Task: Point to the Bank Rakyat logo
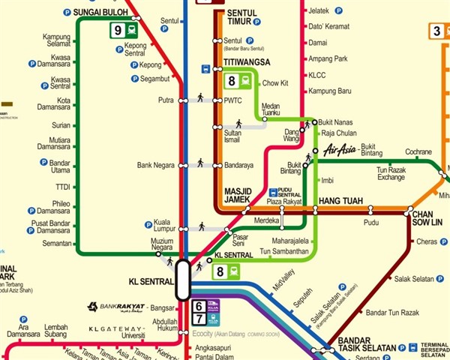click(x=118, y=307)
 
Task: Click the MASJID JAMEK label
click(x=242, y=196)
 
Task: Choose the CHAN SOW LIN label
click(x=427, y=218)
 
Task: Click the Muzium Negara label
click(x=162, y=244)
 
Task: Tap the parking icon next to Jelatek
click(x=338, y=10)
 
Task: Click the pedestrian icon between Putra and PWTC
click(x=200, y=97)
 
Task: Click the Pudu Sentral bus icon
click(x=274, y=192)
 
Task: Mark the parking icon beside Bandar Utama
click(x=31, y=163)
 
